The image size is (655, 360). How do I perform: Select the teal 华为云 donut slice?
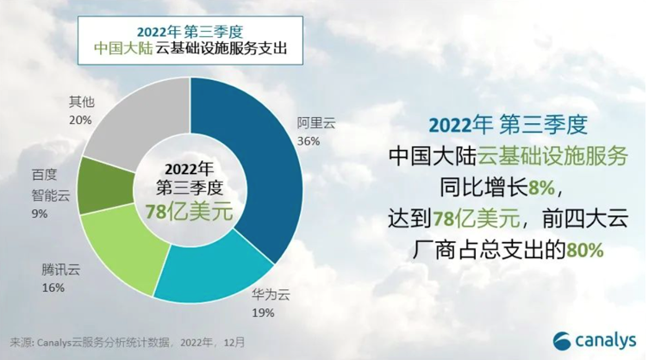click(213, 271)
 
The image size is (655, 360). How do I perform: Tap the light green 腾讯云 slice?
click(125, 251)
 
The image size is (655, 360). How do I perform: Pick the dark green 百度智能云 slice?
click(107, 187)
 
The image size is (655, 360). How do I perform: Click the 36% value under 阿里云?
click(309, 141)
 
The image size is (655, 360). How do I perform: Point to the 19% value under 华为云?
click(263, 313)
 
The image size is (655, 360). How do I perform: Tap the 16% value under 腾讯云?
click(53, 288)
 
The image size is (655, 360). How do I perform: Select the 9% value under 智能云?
click(40, 214)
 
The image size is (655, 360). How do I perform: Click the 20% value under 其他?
click(80, 121)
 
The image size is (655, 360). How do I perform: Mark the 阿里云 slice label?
click(316, 123)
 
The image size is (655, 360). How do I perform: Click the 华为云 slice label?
click(271, 295)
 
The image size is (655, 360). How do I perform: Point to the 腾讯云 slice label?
click(60, 270)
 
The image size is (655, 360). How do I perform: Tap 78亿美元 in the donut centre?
click(189, 212)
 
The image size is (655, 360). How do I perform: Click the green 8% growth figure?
click(542, 189)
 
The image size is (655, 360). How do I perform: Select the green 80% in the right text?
click(584, 250)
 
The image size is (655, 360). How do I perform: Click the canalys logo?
click(595, 341)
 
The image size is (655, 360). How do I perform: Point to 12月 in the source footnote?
click(234, 343)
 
